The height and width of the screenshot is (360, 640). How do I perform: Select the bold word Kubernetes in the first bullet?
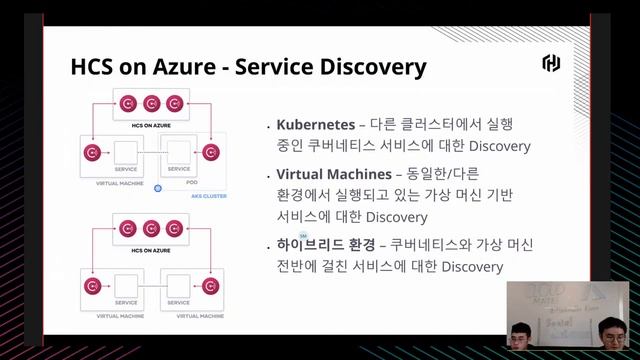coord(314,125)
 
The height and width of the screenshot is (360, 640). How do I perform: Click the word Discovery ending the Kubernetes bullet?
coord(496,147)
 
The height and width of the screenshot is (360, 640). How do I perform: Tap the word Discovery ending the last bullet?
coord(469,267)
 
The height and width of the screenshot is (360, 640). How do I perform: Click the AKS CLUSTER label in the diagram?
coord(208,196)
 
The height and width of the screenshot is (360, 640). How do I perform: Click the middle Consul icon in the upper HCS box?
coord(152,102)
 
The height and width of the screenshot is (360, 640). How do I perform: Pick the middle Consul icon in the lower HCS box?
coord(152,229)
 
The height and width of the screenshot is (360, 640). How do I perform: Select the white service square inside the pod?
coord(179,152)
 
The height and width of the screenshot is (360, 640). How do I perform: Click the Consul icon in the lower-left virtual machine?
coord(92,280)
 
